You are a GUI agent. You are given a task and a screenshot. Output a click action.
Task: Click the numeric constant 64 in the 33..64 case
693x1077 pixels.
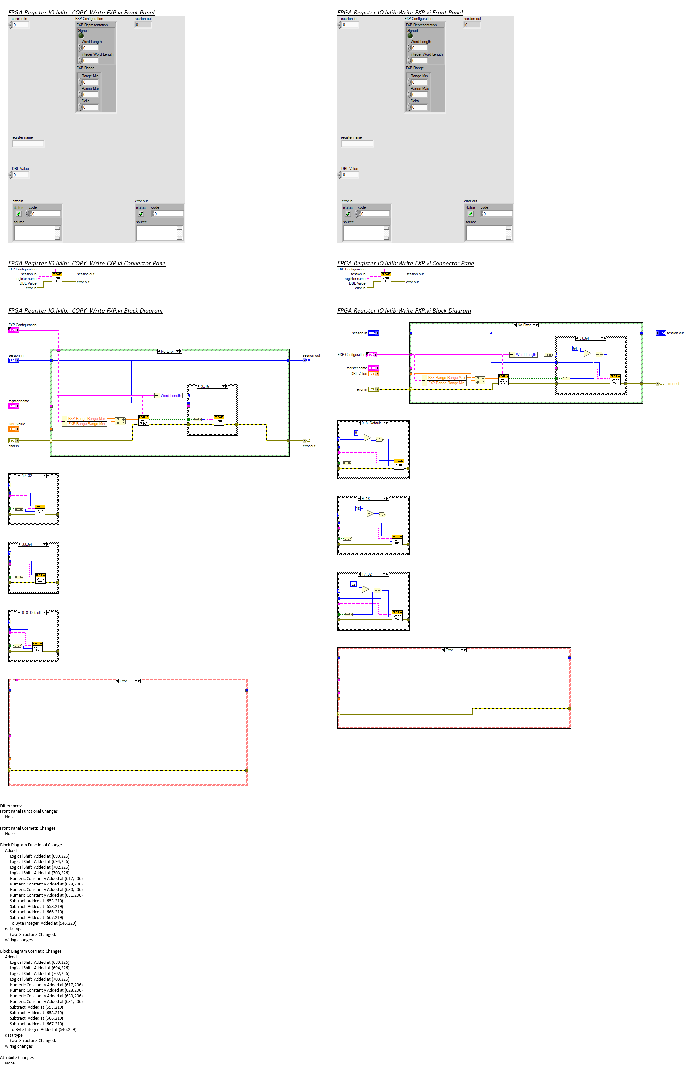point(575,348)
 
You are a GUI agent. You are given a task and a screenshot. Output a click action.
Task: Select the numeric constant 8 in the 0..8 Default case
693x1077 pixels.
point(356,433)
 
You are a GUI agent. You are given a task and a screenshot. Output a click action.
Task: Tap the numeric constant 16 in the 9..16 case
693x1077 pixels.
point(358,509)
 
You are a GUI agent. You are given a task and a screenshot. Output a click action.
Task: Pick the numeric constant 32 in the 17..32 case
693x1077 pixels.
point(353,584)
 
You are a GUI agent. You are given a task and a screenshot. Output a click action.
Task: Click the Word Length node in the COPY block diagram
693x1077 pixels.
point(171,396)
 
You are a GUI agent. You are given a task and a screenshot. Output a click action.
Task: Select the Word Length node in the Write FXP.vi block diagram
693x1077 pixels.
point(526,355)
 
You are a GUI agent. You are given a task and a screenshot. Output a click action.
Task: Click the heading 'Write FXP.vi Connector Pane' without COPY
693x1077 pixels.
point(406,263)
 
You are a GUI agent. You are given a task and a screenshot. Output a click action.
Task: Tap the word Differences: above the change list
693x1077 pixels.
point(11,806)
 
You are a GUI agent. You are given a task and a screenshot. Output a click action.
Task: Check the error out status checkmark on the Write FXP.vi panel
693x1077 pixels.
point(470,214)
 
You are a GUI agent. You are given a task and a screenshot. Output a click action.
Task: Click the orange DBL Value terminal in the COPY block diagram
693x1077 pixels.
point(13,429)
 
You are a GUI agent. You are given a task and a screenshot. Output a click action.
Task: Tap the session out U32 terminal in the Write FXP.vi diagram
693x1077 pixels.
point(660,333)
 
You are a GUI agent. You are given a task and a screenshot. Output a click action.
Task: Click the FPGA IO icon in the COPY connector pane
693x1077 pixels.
point(57,277)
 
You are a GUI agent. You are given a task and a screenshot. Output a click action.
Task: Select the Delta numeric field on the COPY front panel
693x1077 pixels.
point(90,107)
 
